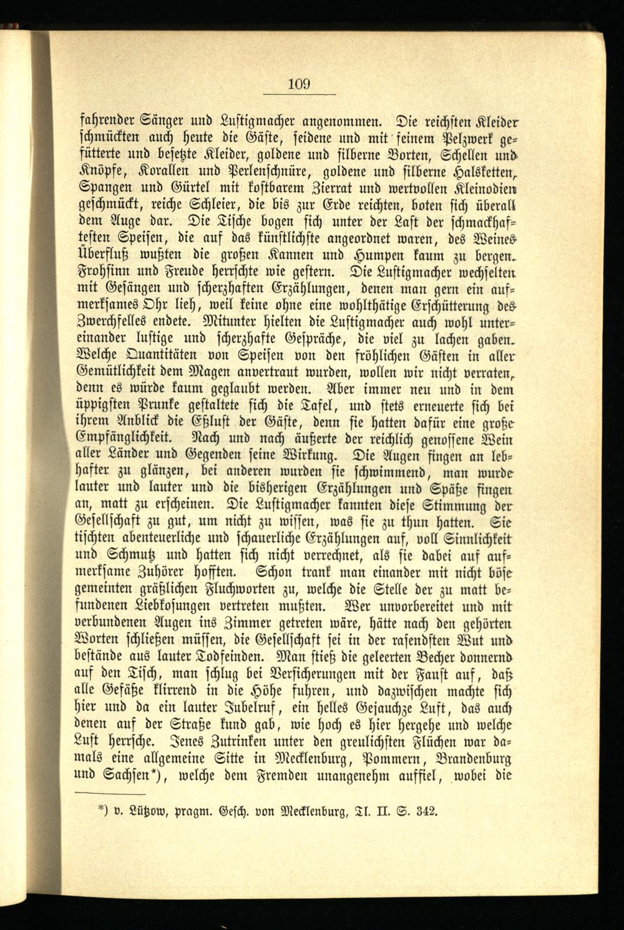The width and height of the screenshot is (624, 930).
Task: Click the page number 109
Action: (300, 84)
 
